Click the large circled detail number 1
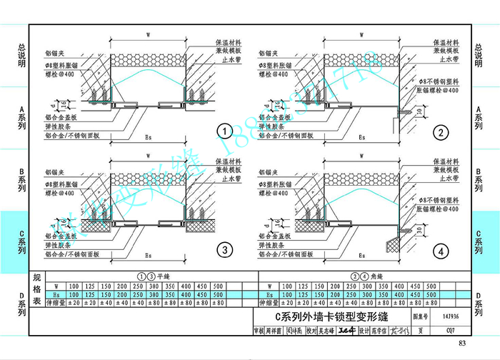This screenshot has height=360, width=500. click(x=225, y=131)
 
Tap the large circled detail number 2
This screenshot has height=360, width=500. click(x=441, y=132)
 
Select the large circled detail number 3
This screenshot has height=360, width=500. click(x=225, y=249)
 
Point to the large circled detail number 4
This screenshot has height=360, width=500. click(x=441, y=250)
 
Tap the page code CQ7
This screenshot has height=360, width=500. click(x=450, y=331)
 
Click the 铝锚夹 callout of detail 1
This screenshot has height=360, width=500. click(x=54, y=53)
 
